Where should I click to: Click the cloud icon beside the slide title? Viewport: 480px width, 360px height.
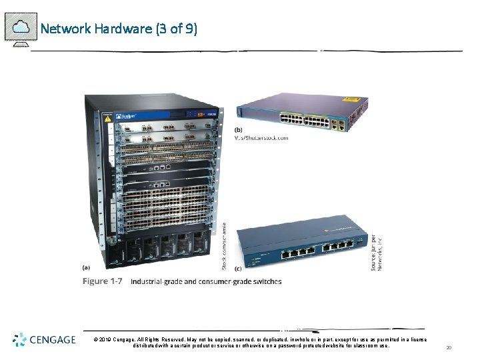coord(21,27)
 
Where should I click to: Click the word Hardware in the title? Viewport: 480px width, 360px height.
coord(123,29)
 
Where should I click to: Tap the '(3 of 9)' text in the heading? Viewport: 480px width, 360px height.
coord(176,29)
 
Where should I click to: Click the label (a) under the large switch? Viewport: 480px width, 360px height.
coord(86,267)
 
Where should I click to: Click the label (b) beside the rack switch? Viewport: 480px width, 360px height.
coord(239,129)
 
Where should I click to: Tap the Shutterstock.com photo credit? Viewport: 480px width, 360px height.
coord(262,138)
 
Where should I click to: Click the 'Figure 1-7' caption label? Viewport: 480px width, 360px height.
coord(102,281)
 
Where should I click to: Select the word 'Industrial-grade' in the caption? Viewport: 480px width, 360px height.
coord(155,281)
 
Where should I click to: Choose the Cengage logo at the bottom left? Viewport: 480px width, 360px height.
coord(44,340)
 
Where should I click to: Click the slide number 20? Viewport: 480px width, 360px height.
coord(449,347)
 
